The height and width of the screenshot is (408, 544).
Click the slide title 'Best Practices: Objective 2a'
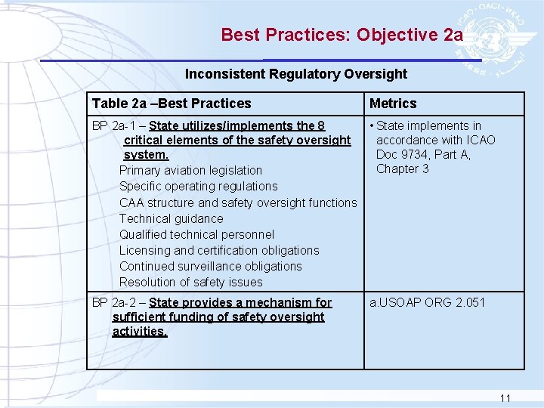coord(342,35)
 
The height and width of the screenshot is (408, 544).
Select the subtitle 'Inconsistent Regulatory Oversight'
coord(296,74)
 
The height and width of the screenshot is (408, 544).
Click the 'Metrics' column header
coord(393,104)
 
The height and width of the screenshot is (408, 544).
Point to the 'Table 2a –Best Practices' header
coord(172,104)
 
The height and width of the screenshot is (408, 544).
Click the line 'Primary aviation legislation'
coord(190,171)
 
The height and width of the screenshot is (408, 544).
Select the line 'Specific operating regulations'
coord(198,187)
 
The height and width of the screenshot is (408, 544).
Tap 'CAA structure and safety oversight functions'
coord(237,202)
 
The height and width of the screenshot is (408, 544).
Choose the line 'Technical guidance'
coord(171,218)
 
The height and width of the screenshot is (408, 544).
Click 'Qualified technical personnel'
coord(196,234)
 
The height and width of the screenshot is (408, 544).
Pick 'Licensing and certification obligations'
coord(219,250)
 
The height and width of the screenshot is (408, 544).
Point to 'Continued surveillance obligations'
coord(210,266)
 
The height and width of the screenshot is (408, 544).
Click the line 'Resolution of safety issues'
coord(190,283)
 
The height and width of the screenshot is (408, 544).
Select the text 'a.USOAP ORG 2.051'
coord(427,303)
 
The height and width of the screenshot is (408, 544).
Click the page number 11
coord(505,398)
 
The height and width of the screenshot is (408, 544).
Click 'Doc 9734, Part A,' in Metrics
coord(423,155)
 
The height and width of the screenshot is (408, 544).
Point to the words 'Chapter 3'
coord(402,169)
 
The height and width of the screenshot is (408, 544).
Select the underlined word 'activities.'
coord(140,332)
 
